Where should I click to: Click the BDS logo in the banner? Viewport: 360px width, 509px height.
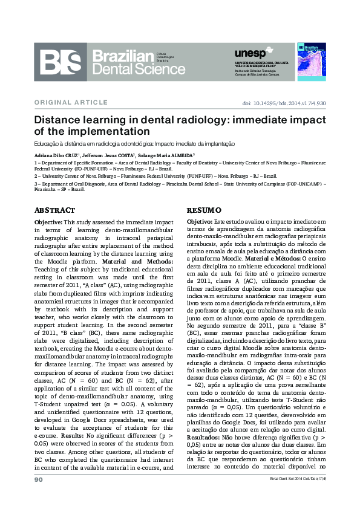click(63, 65)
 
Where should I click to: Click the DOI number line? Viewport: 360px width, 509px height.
click(284, 103)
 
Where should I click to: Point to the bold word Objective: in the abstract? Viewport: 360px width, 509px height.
click(51, 222)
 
